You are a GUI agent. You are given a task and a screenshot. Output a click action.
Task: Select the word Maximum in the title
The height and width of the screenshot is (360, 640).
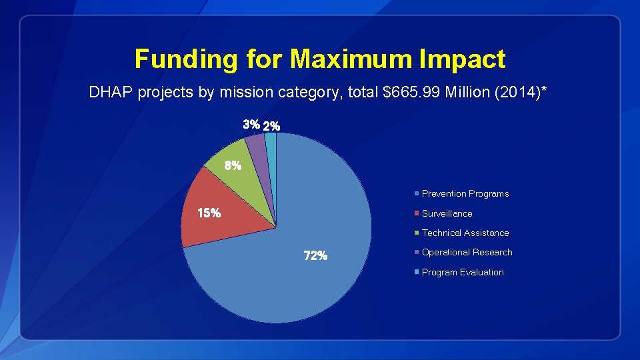coord(351,59)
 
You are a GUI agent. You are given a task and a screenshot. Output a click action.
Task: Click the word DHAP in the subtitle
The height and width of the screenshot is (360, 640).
coord(111,93)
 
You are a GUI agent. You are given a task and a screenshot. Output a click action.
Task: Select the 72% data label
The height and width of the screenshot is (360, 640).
coord(315,256)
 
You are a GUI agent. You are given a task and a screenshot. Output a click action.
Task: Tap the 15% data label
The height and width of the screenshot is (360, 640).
coord(209,213)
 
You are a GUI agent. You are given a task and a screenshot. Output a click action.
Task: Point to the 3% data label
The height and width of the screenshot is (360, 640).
coord(251,125)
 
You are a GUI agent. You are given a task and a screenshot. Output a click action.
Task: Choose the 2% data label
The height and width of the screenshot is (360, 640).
coord(272,125)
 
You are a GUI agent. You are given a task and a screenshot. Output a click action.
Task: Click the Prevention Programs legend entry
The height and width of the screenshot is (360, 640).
coord(465,194)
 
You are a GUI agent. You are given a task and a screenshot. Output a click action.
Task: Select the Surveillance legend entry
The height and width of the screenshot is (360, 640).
coord(447,213)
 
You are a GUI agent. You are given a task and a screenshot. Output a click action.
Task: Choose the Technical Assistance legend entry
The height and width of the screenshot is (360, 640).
coord(465,233)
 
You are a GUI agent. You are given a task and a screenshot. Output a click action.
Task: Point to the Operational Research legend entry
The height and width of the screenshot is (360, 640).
coord(467,252)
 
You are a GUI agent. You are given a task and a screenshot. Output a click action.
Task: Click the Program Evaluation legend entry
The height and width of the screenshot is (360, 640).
coord(463,272)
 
